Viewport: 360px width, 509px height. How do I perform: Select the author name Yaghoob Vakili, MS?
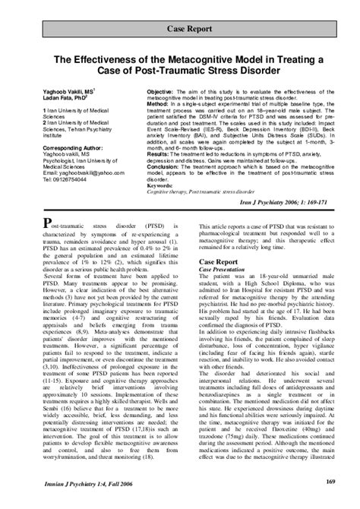pyautogui.click(x=64, y=90)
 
